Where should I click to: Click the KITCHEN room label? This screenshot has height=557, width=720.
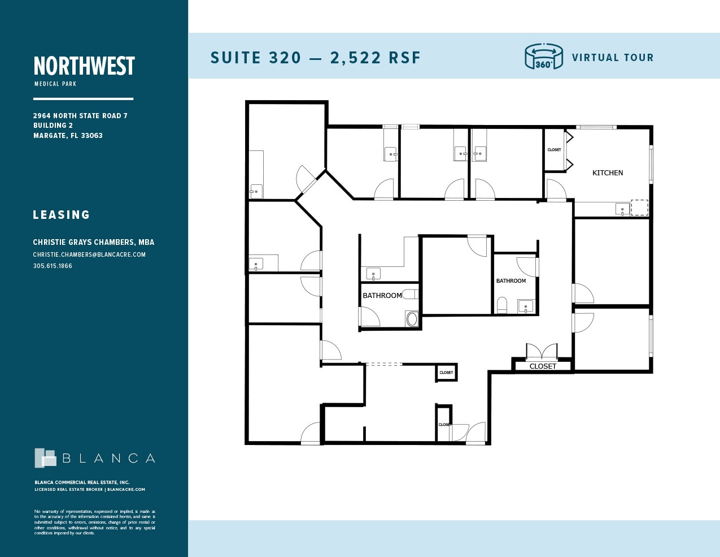pos(607,173)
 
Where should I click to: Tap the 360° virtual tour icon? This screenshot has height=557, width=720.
pos(544,57)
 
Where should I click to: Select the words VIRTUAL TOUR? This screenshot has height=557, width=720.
pos(612,58)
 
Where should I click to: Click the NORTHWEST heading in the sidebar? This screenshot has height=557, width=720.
pos(84,66)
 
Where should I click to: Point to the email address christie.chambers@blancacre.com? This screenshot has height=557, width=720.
pos(89,254)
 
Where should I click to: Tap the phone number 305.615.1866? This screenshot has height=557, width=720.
pos(53,266)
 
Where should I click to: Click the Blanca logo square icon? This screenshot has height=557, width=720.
pos(45,458)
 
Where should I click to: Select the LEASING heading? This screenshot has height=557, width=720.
pos(62,215)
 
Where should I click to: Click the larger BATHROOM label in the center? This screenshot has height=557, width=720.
pos(382,296)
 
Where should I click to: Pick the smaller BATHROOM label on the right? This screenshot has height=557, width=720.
pos(511,281)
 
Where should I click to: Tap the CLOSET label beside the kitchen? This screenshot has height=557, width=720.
pos(554,150)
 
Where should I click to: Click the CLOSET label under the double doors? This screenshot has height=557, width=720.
pos(543,366)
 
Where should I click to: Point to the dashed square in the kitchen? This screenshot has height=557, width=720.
pos(639,207)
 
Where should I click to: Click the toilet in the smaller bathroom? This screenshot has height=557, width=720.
pos(502,306)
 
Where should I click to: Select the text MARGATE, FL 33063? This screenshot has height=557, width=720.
pos(68,136)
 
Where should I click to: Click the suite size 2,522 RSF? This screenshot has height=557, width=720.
pos(376,58)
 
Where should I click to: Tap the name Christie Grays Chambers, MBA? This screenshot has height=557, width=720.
pos(93,242)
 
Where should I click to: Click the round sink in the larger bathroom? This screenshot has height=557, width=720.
pos(412,319)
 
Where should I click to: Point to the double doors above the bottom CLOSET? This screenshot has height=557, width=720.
pos(542,352)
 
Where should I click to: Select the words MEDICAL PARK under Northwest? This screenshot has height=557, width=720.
pos(55,84)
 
